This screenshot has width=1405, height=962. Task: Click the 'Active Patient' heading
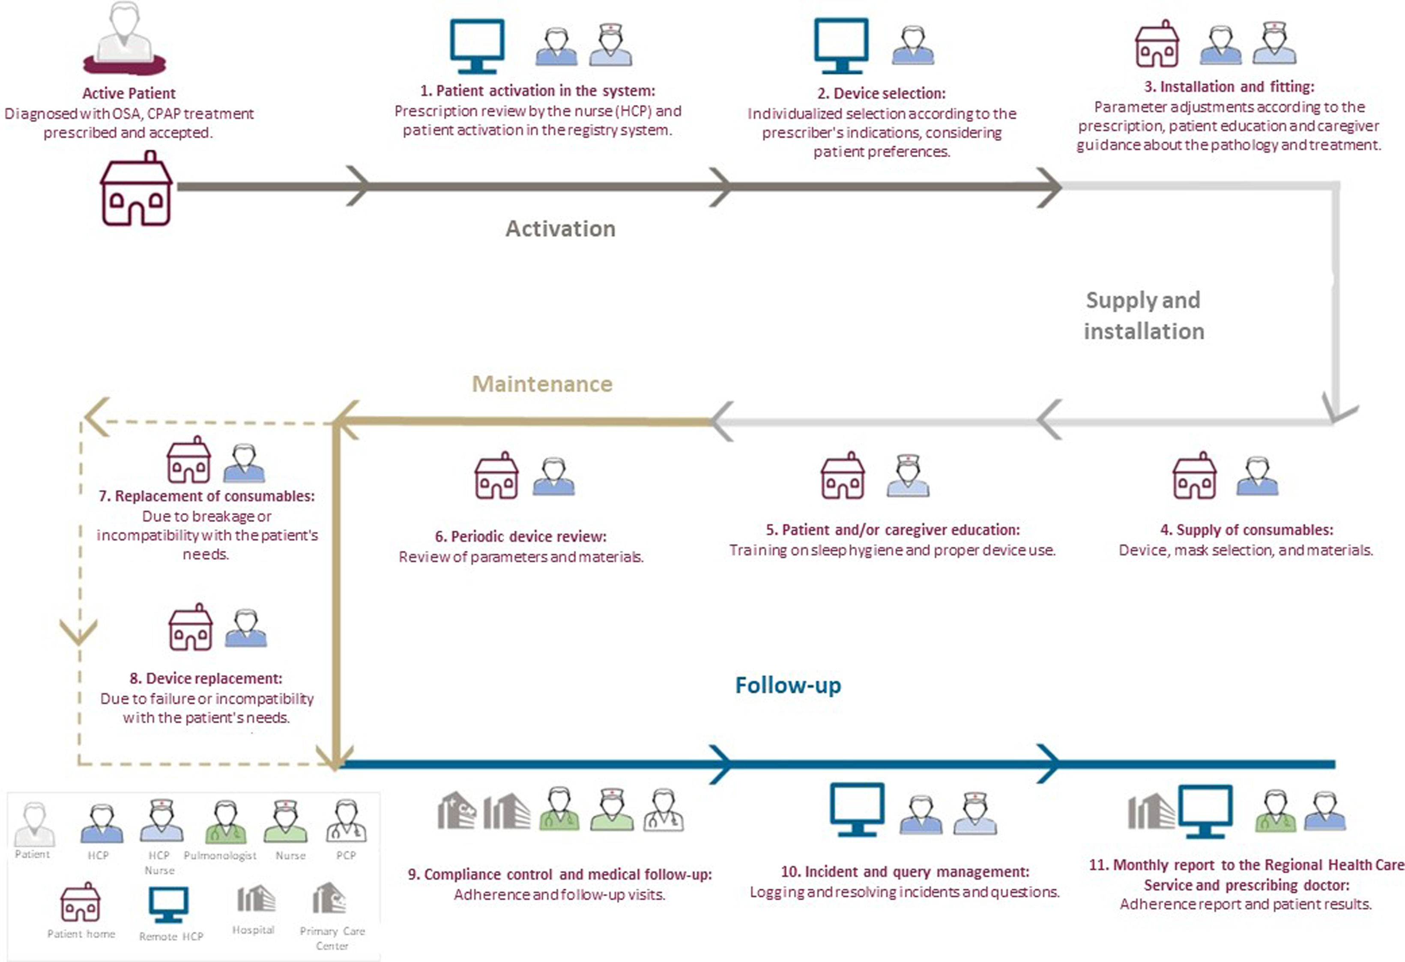click(x=129, y=93)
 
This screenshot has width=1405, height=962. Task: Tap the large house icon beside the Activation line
click(x=136, y=190)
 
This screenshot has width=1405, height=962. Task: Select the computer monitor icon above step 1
click(x=477, y=46)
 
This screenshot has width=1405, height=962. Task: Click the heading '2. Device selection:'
click(x=881, y=93)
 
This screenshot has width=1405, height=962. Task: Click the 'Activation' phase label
click(x=560, y=229)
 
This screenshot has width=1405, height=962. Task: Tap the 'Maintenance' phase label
click(x=542, y=384)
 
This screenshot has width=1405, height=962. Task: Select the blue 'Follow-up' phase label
click(x=788, y=685)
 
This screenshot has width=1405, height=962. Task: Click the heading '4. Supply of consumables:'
click(x=1246, y=530)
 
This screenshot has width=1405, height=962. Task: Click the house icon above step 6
click(x=496, y=476)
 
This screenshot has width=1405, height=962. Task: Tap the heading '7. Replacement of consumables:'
click(x=207, y=496)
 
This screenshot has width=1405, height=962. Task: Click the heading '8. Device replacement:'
click(x=206, y=678)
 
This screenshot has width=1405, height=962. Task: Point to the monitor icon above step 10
click(x=857, y=809)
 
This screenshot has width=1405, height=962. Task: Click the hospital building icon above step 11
click(x=1151, y=811)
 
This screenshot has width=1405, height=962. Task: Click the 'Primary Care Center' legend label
click(x=332, y=938)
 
